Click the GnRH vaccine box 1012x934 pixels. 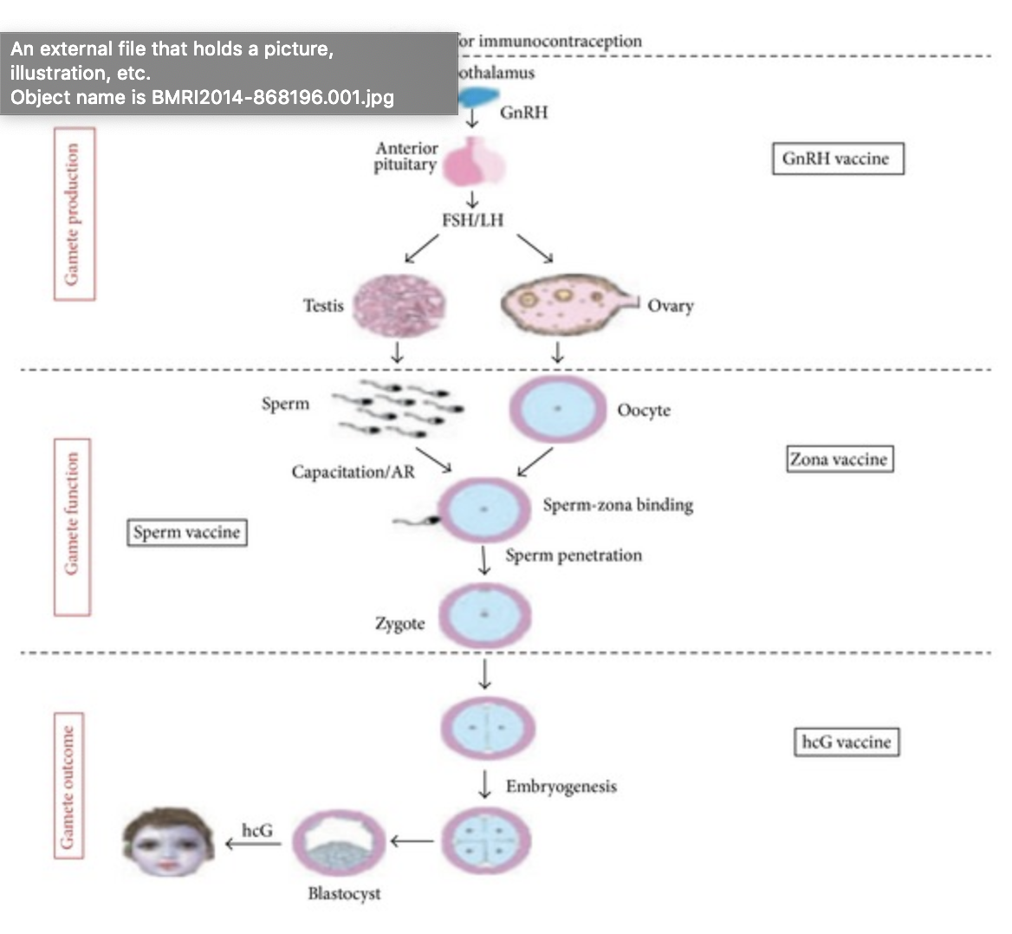(837, 159)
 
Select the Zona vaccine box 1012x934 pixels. (839, 459)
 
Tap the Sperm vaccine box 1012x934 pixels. (186, 532)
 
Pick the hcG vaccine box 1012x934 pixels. (847, 742)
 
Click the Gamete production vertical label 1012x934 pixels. (74, 214)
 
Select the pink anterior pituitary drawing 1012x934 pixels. (473, 162)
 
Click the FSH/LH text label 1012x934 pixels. (472, 220)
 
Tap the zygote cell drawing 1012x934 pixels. (484, 616)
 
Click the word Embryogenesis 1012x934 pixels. (561, 787)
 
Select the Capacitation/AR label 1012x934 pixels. (353, 472)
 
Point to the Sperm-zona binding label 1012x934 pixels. (618, 504)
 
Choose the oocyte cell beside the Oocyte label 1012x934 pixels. (558, 409)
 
